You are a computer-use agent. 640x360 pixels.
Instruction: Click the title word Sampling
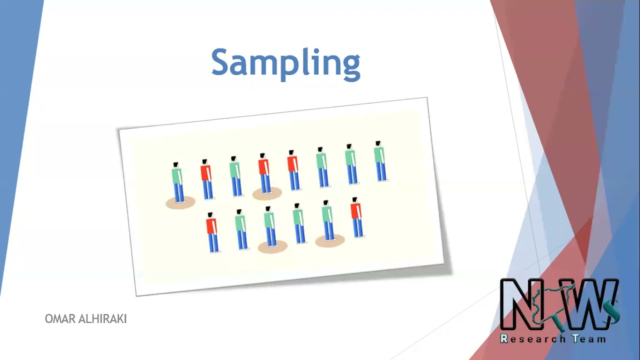coord(285,63)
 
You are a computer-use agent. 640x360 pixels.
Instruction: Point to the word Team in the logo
coord(588,338)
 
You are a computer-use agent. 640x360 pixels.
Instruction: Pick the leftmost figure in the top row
coord(177,182)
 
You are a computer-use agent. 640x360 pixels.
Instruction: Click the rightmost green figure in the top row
coord(380,161)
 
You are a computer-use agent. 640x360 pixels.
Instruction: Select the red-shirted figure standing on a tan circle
coord(264,173)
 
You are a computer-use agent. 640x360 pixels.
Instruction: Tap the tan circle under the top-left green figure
coord(180,202)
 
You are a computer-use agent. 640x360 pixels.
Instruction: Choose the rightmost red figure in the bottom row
coord(356,217)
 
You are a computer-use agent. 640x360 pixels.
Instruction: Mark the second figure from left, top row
coord(206,179)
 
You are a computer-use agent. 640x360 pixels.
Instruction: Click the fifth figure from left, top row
coord(293,170)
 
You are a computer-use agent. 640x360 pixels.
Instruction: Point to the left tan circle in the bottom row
coord(272,246)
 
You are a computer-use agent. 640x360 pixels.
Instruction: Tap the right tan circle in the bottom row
coord(330,241)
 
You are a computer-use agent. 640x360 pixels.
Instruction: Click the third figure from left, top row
coord(235,176)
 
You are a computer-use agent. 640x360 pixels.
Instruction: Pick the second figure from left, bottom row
coord(241,229)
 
